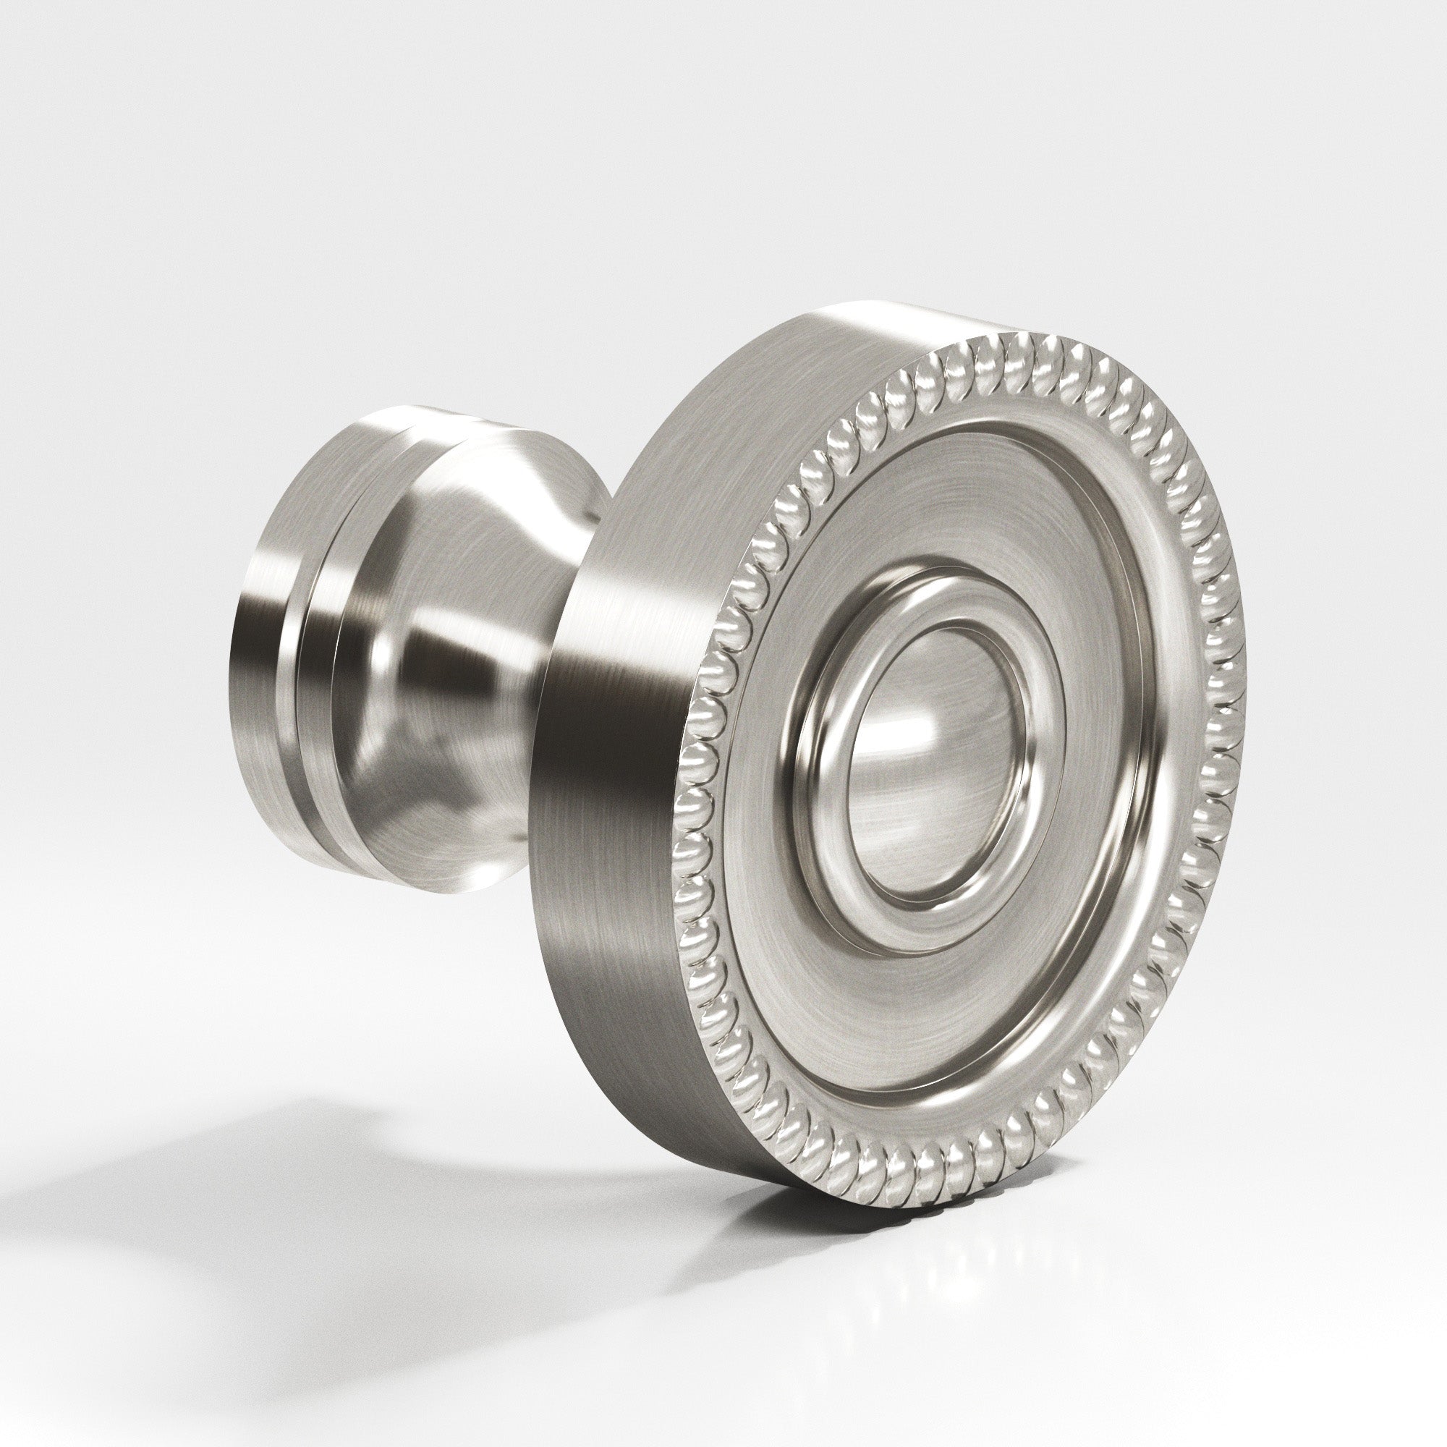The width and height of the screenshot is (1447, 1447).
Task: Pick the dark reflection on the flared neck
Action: click(420, 644)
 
